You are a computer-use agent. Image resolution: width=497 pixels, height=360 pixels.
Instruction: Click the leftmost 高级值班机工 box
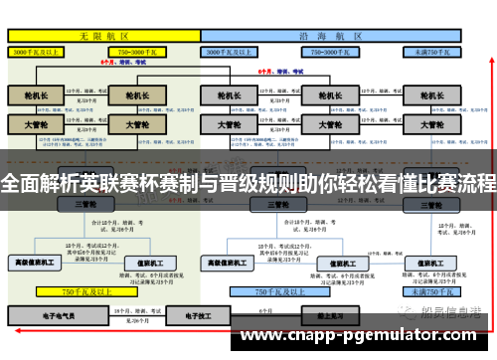point(36,263)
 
